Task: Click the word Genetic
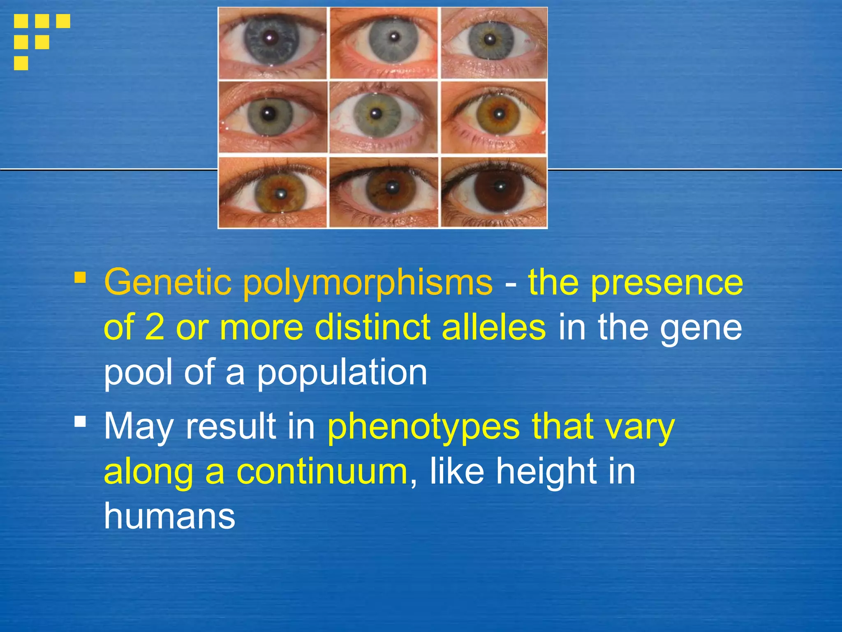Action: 167,282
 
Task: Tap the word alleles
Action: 494,327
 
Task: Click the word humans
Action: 169,516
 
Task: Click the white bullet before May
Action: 80,421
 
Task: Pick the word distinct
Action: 372,327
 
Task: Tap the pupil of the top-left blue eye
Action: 269,38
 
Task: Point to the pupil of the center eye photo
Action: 375,113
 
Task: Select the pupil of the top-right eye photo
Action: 489,39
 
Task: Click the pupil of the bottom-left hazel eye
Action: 281,192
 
